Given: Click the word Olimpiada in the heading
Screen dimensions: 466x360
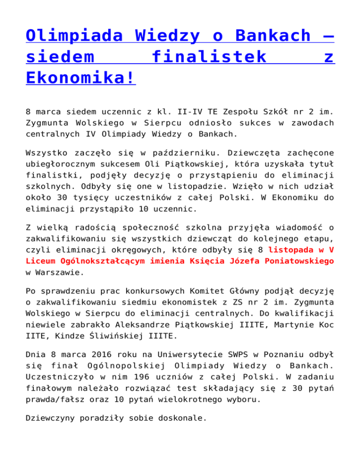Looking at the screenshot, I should pos(76,36).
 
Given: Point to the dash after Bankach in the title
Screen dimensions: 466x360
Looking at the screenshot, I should pos(327,36).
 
